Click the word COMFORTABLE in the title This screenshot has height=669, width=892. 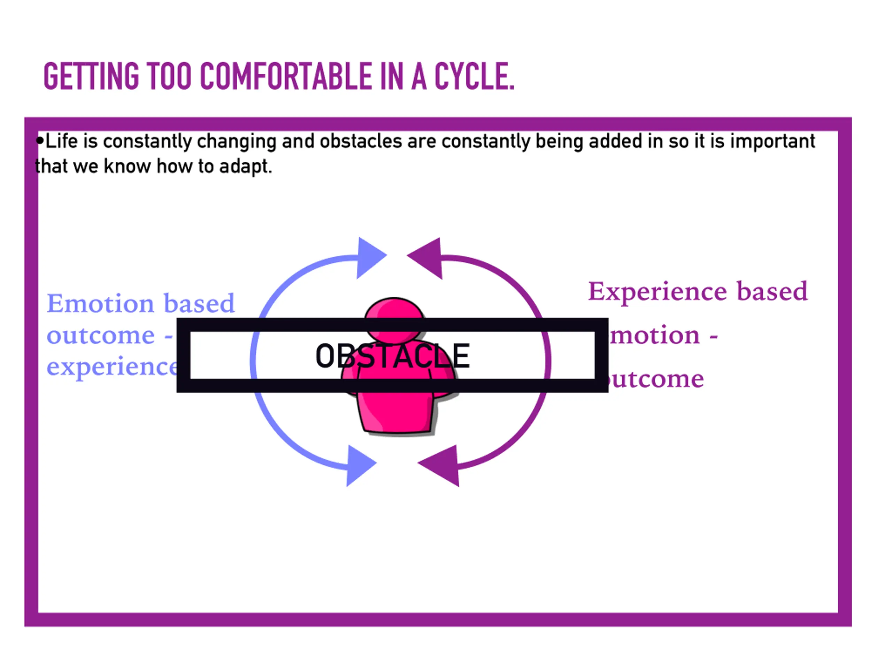click(x=285, y=76)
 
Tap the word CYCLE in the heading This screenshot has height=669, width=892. click(x=474, y=76)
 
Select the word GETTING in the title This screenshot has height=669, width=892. click(x=91, y=76)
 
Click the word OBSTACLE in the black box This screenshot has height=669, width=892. click(x=392, y=356)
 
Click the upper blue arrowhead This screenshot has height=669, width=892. click(x=370, y=257)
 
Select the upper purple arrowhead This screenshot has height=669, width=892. click(x=426, y=257)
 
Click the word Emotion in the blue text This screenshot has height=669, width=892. click(x=100, y=303)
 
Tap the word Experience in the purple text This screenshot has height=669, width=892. click(x=657, y=292)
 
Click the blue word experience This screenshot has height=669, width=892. click(x=112, y=367)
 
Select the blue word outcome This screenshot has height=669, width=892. click(x=101, y=336)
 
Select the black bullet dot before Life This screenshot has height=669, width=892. click(x=39, y=141)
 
